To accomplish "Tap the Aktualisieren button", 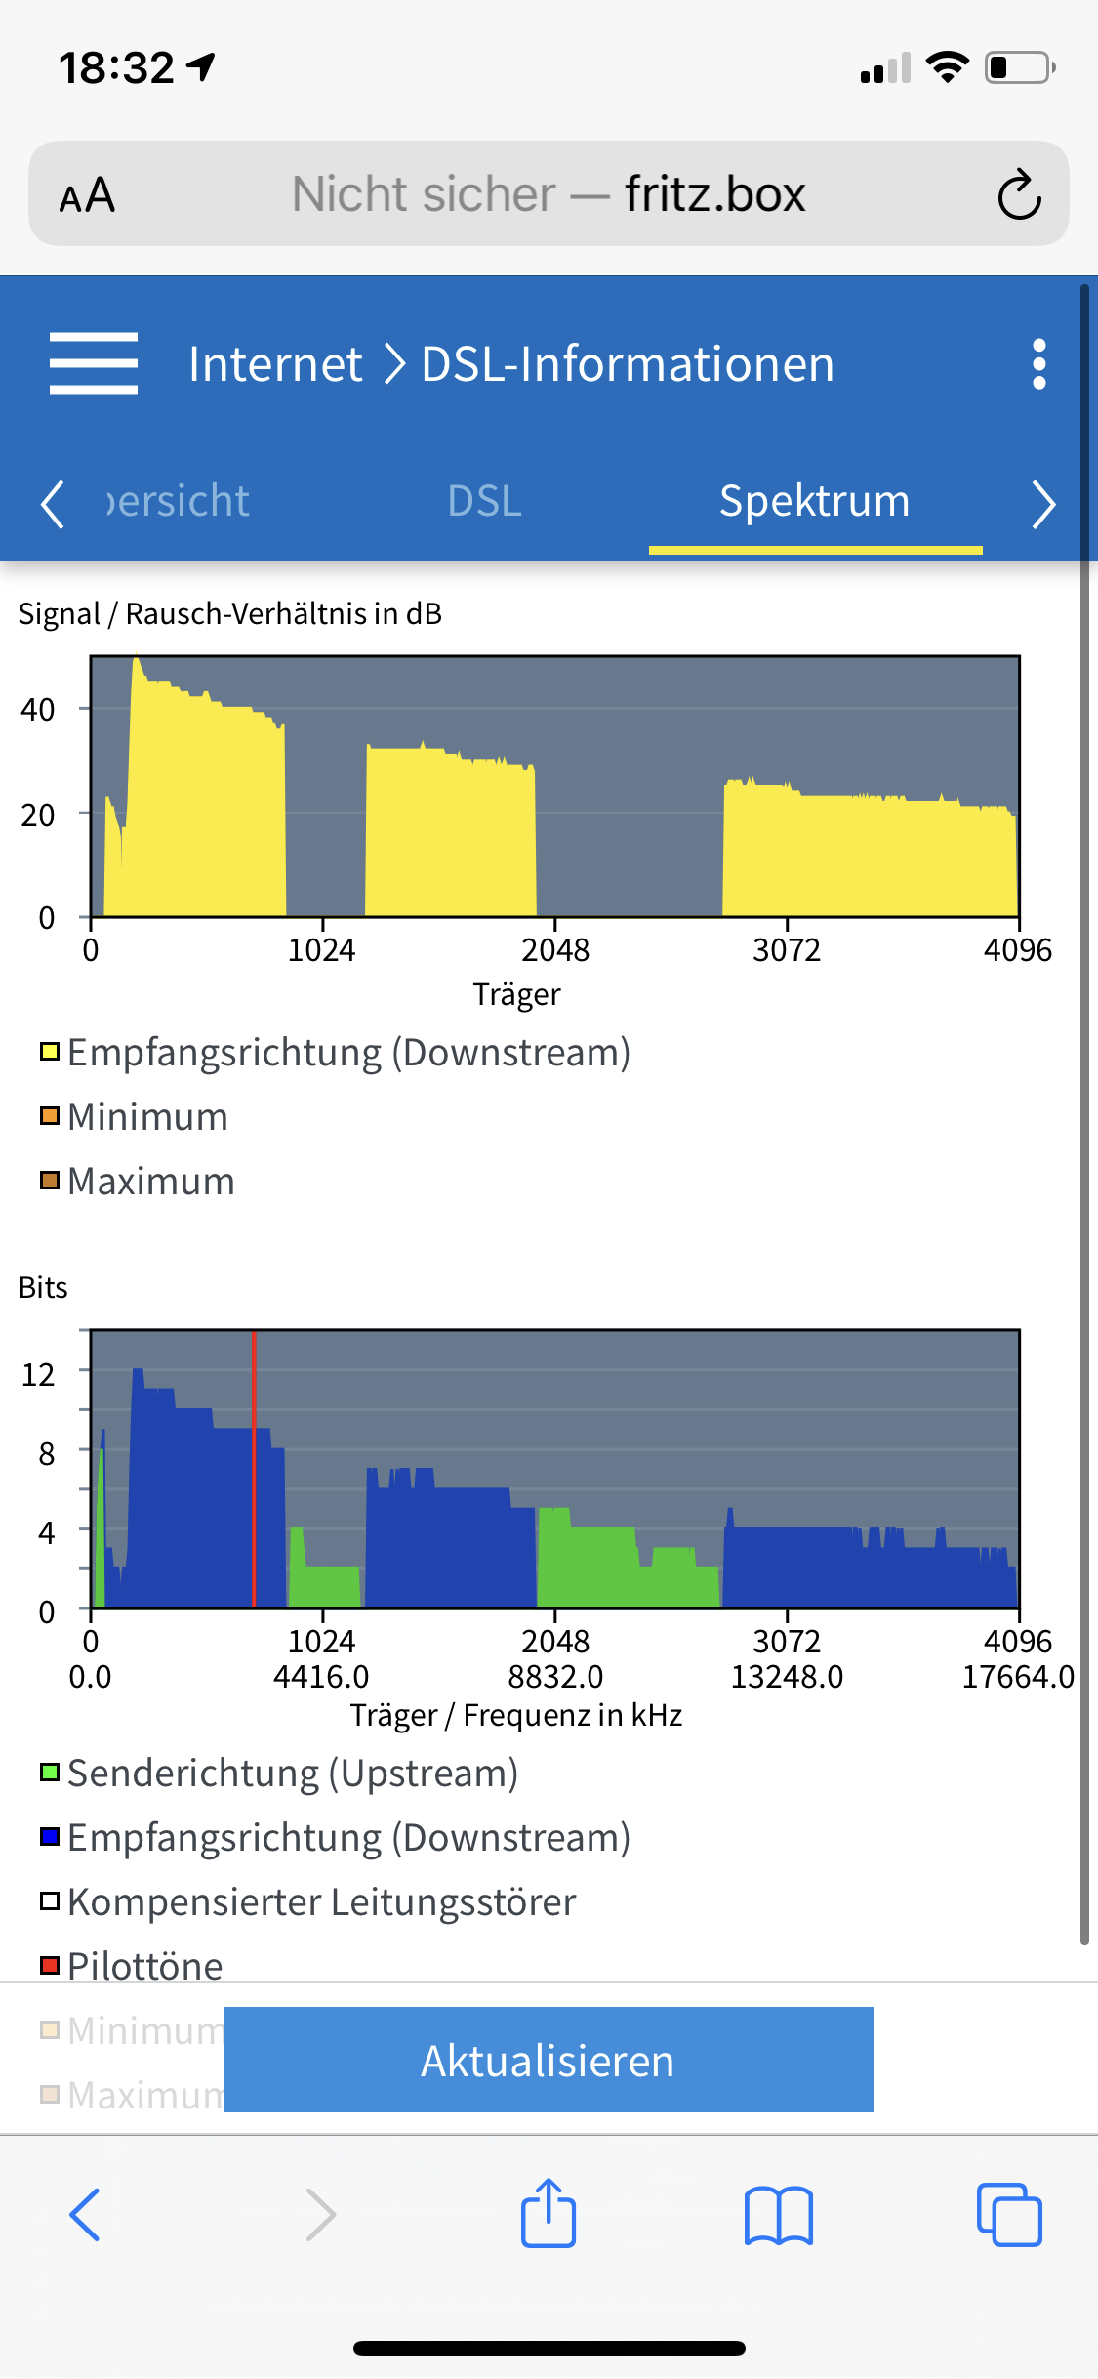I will click(549, 2060).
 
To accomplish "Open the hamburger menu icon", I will click(94, 363).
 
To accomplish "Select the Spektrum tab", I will click(814, 501).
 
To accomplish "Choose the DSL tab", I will click(484, 501).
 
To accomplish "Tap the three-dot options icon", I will click(1038, 364).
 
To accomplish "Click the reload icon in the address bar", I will click(1019, 194).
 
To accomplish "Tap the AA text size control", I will click(88, 195).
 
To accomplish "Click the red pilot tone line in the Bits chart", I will click(254, 1465).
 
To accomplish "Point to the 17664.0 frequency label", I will click(1018, 1677).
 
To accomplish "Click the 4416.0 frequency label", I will click(321, 1677).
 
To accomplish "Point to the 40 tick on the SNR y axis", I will click(38, 710).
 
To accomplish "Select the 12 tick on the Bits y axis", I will click(38, 1375).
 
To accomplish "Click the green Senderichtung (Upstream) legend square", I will click(50, 1772).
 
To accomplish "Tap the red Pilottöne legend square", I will click(50, 1965).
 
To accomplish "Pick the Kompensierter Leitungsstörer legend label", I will click(321, 1901).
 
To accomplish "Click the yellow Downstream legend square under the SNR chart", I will click(50, 1052).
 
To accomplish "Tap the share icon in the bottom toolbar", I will click(549, 2214).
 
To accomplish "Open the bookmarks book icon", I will click(778, 2214).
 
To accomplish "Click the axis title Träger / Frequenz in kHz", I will click(515, 1715).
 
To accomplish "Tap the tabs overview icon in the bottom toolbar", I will click(1008, 2214).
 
